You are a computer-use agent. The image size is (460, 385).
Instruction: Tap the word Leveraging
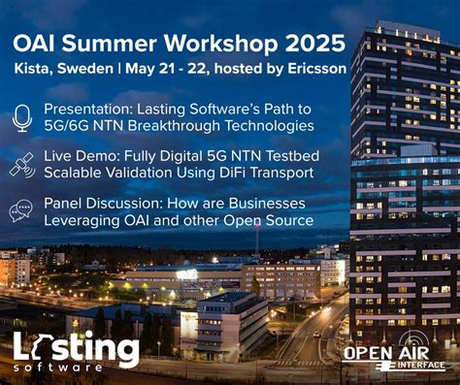(84, 222)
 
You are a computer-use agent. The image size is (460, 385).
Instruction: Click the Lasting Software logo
(76, 350)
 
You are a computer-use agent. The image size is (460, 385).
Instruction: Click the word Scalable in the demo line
(76, 175)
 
